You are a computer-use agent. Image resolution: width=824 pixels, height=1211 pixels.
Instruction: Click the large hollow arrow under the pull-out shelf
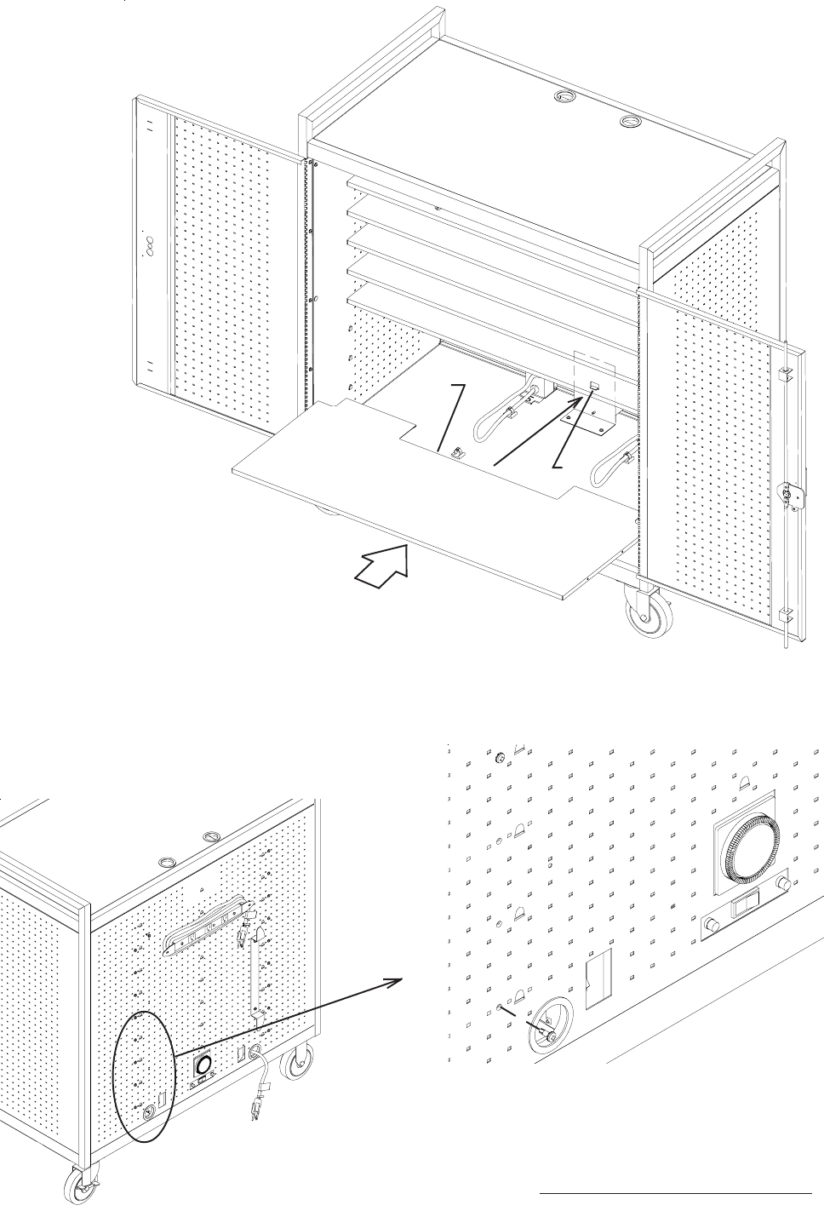tap(382, 567)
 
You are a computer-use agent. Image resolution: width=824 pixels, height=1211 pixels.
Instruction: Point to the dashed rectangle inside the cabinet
tap(595, 378)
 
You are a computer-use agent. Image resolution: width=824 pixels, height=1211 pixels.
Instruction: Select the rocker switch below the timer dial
tap(747, 905)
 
